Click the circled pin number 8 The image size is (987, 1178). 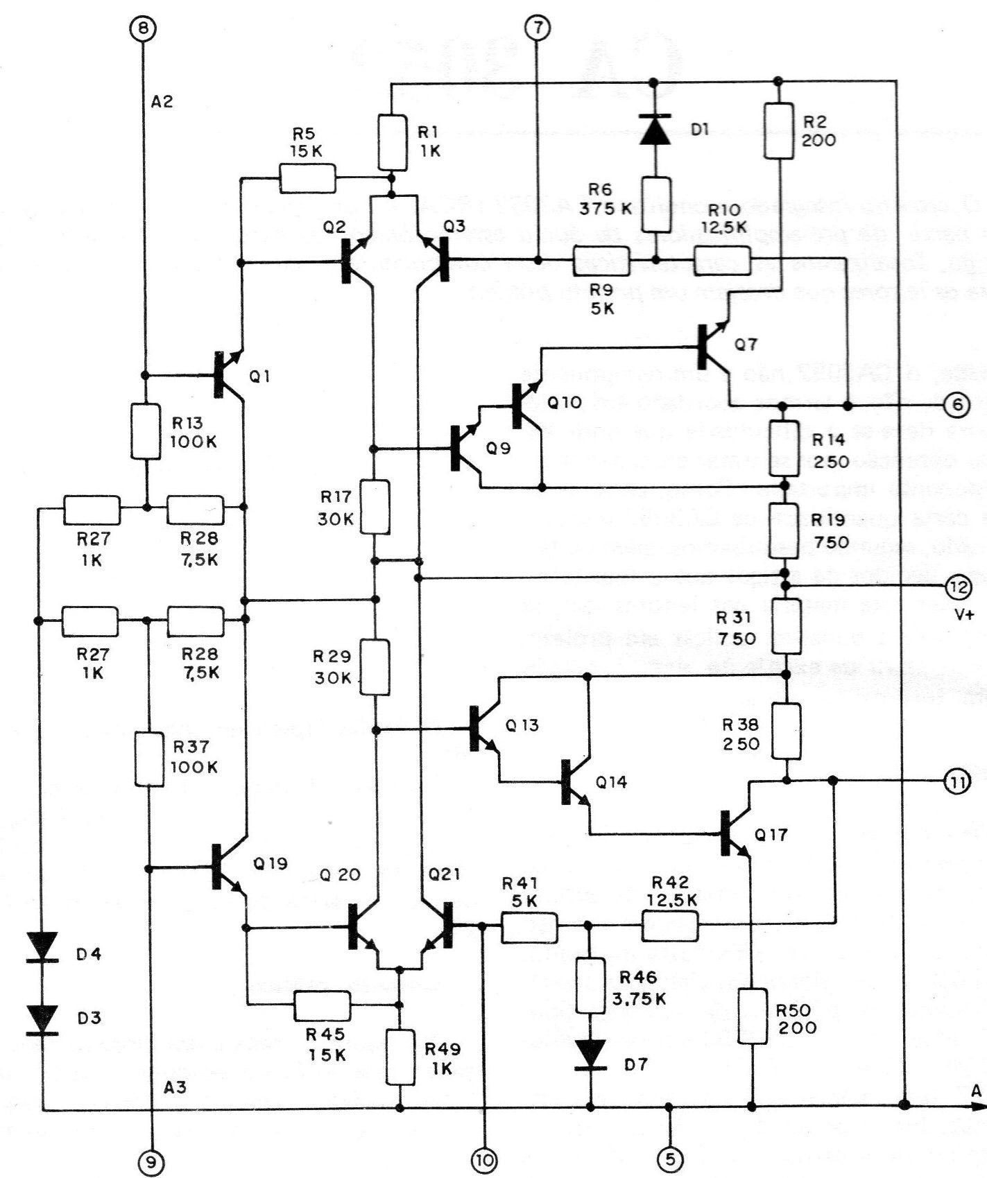coord(144,28)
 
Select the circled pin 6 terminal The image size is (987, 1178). coord(956,405)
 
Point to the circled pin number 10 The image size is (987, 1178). coord(483,1158)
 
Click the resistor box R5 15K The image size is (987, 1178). coord(307,178)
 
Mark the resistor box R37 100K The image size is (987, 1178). coord(149,760)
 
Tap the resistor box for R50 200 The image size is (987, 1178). coord(752,1017)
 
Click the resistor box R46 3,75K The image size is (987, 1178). coord(591,986)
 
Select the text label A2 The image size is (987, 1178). coord(162,102)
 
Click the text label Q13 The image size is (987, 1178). coord(522,726)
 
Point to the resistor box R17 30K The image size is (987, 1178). coord(375,508)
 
